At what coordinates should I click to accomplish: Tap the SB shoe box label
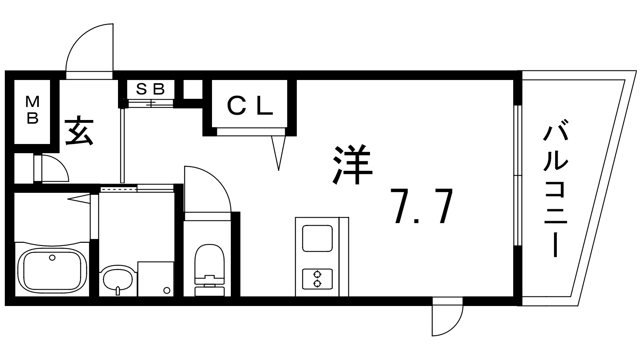coord(150,89)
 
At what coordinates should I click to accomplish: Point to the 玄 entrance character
coord(79,131)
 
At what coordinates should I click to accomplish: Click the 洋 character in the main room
coord(353,165)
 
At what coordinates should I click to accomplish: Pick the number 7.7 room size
coord(421,206)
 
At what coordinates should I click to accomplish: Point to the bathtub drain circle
coord(52,258)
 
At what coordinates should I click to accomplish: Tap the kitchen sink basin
coord(317,238)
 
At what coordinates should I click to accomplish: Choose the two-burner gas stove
coord(317,279)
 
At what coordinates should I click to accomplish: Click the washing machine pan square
coord(156,279)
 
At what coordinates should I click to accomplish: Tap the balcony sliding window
coord(518,176)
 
